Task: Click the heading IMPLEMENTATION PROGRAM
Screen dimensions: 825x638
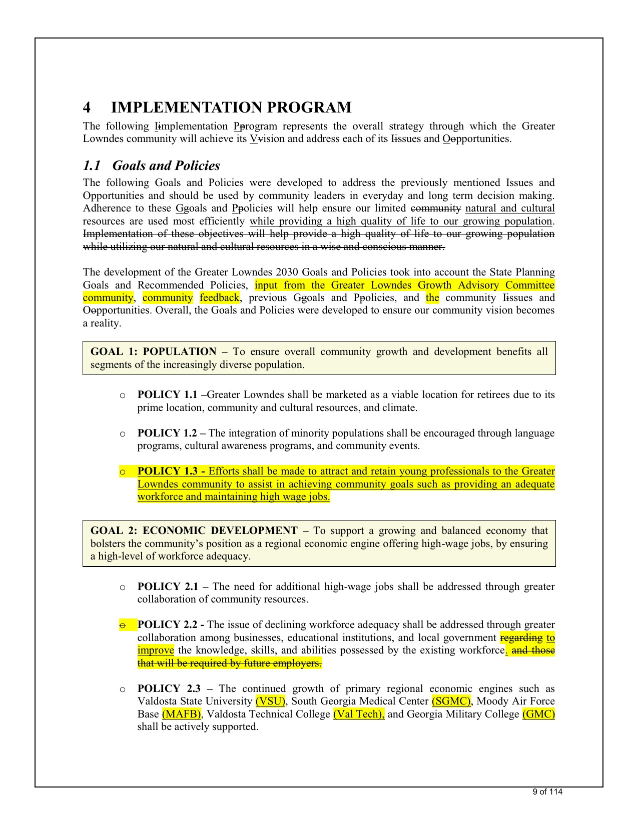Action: (231, 107)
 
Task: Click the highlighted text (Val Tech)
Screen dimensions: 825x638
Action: (358, 714)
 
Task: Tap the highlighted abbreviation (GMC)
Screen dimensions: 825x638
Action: (538, 714)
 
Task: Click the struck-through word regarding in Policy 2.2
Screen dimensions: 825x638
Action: (521, 637)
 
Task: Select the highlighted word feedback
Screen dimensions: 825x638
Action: (219, 297)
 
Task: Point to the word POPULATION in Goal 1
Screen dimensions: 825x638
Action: (180, 351)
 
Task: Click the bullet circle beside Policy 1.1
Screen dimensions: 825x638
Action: (123, 395)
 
